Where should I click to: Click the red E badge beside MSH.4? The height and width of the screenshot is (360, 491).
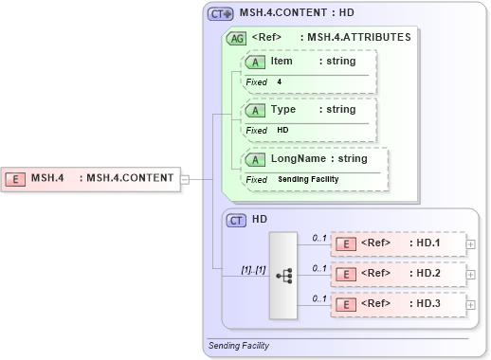pos(15,177)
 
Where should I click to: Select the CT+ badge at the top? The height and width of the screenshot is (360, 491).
pos(221,14)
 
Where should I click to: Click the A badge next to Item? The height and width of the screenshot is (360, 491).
pos(256,62)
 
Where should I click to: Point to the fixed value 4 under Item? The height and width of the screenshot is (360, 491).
pos(280,82)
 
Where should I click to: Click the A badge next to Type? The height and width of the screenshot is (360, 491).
pos(256,110)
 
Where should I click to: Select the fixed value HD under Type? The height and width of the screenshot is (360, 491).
pos(282,131)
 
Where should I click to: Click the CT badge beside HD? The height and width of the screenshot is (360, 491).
pos(237,219)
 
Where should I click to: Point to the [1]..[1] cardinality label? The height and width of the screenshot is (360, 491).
pos(253,270)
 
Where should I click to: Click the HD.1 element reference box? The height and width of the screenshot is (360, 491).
pos(398,243)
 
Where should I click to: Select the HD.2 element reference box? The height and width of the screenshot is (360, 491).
pos(398,274)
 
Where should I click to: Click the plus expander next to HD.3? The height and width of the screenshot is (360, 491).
pos(471,305)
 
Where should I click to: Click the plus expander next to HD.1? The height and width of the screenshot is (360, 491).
pos(471,243)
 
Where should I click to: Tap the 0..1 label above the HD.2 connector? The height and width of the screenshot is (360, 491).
pos(319,268)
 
